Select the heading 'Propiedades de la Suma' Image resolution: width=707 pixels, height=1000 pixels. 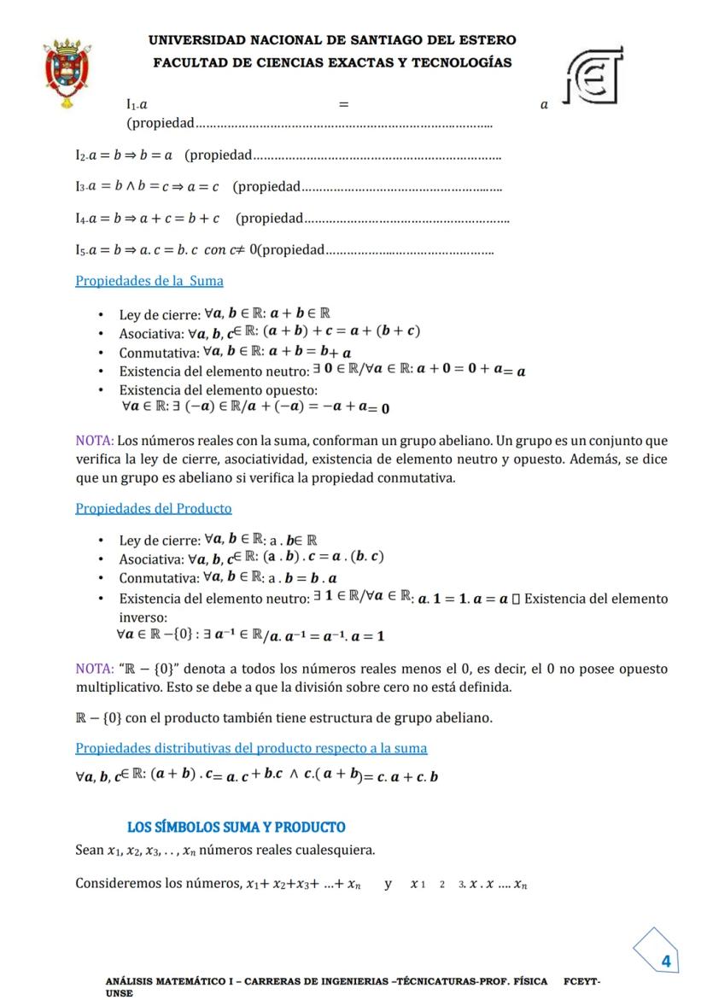[x=149, y=280]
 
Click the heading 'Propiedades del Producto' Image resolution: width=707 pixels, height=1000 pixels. [x=154, y=508]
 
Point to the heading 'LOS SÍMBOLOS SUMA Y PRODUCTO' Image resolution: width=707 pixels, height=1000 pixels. [x=237, y=827]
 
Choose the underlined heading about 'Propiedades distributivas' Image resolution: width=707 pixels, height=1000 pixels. [x=251, y=748]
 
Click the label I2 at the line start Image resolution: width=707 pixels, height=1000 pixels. [x=82, y=155]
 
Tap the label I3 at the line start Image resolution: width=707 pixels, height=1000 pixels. [x=82, y=186]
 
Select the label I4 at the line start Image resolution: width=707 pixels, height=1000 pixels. [x=82, y=219]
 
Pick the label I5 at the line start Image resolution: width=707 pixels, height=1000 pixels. [x=82, y=249]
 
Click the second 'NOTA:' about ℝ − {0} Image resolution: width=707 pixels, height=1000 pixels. [x=94, y=669]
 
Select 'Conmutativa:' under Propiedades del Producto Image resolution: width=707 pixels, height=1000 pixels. [x=158, y=578]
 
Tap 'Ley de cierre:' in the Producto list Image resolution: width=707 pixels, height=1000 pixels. [x=160, y=541]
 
